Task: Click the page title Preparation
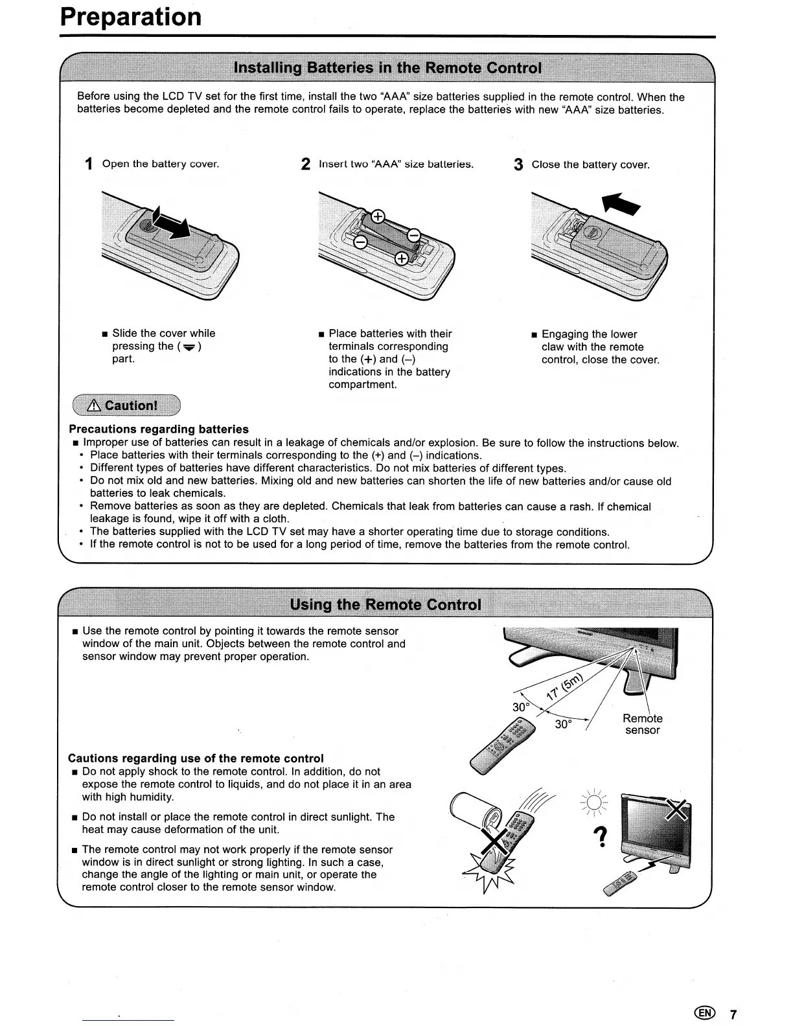130,17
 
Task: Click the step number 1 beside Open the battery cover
89,165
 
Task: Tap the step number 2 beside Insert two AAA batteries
306,165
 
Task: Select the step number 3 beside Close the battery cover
518,165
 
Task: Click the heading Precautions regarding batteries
159,429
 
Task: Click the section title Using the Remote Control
385,604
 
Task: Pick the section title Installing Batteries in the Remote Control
387,68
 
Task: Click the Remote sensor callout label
642,724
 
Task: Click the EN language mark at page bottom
704,1014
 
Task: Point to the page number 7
733,1014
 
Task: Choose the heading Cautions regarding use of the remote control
196,758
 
